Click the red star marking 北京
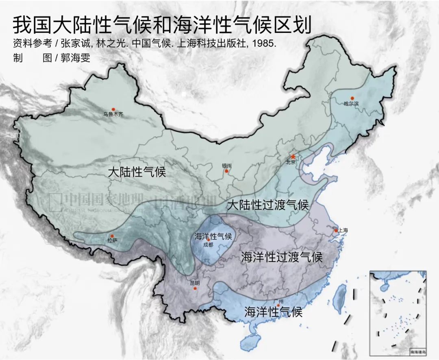(293, 157)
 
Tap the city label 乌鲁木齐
(113, 115)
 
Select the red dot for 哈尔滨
(352, 98)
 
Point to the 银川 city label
(226, 166)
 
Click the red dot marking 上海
(336, 231)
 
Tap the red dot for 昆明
(195, 288)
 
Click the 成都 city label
(208, 245)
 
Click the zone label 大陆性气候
(137, 172)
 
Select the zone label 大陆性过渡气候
(268, 205)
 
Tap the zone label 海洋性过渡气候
(281, 257)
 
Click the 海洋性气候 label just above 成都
(213, 236)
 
